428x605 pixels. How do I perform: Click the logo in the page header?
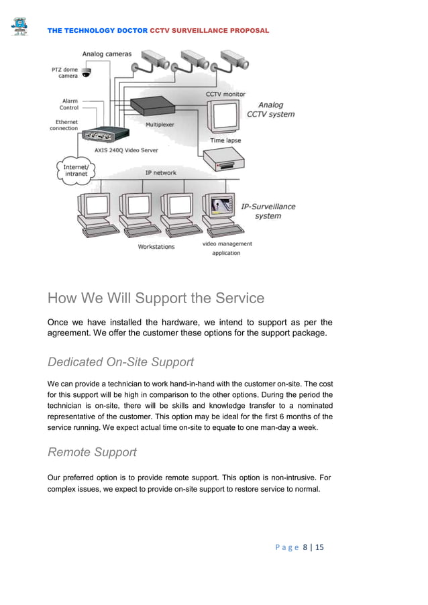point(19,26)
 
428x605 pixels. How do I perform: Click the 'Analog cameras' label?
point(107,54)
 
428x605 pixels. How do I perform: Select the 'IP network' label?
point(161,172)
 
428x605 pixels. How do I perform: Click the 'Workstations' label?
point(156,247)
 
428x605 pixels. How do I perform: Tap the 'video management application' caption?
point(227,248)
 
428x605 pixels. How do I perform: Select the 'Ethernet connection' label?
point(65,125)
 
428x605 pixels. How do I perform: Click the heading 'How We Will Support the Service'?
point(156,298)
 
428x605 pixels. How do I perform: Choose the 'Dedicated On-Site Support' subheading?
point(121,362)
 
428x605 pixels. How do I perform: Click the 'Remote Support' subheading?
point(92,452)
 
